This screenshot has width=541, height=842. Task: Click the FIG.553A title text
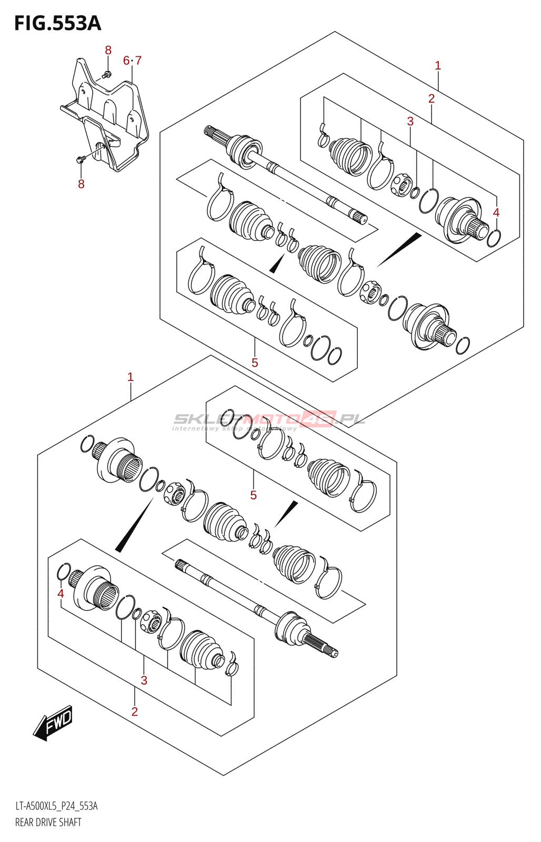tap(57, 24)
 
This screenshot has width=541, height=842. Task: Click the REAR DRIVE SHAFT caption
tap(48, 822)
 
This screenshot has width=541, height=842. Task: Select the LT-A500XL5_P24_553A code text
tap(56, 806)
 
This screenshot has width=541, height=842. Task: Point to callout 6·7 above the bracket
tap(132, 61)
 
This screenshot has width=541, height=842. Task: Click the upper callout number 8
tap(108, 51)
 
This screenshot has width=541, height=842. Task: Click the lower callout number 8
tap(81, 184)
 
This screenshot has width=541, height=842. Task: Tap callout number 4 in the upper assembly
tap(496, 213)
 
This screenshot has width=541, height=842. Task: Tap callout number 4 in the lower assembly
tap(61, 594)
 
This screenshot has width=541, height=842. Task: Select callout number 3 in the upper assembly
tap(410, 121)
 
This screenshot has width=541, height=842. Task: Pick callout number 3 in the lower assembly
tap(144, 680)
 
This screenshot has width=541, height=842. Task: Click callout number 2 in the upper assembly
tap(432, 98)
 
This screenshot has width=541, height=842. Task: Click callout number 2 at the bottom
tap(135, 711)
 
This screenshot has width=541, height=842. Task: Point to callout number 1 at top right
tap(438, 66)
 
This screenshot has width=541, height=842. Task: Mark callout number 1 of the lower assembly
tap(131, 377)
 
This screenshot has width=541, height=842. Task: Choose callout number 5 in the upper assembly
tap(255, 363)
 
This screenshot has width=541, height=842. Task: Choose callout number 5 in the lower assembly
tap(253, 495)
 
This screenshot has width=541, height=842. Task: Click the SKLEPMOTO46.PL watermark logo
tap(268, 419)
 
